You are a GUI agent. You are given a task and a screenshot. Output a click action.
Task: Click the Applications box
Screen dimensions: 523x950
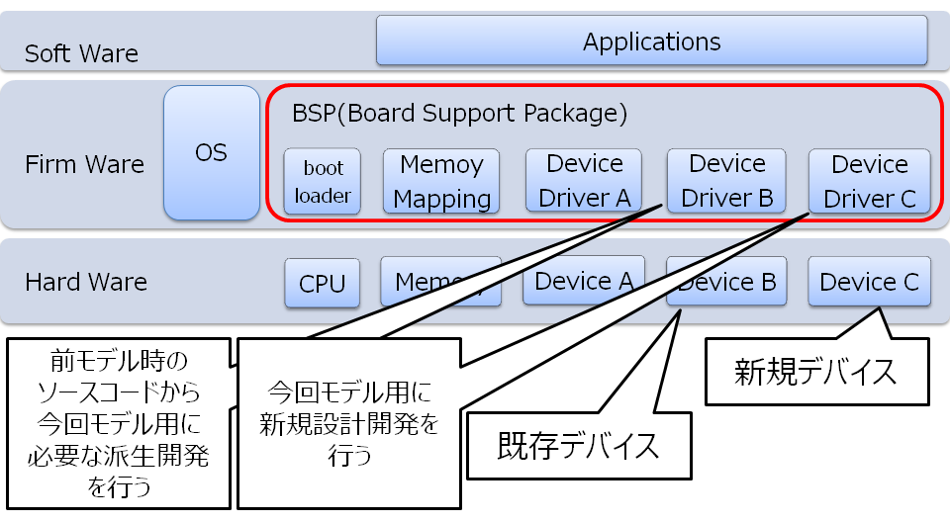coord(651,42)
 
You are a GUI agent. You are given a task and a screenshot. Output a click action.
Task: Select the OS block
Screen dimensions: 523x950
coord(211,152)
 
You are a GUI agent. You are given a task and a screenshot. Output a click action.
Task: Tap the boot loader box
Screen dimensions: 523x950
coord(322,181)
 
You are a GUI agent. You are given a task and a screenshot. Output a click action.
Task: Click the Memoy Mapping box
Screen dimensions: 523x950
coord(441,181)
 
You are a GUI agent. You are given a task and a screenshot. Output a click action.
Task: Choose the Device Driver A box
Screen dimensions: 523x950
coord(584,181)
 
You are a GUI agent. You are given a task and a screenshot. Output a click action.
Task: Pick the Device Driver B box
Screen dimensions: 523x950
coord(726,181)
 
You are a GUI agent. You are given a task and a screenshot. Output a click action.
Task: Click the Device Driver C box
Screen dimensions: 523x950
coord(869,181)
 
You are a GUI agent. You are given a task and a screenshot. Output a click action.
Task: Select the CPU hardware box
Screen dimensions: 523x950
coord(322,284)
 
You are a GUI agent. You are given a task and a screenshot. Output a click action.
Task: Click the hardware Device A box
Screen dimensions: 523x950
coord(584,281)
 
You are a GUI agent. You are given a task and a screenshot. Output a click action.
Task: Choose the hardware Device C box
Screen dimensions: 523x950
coord(869,283)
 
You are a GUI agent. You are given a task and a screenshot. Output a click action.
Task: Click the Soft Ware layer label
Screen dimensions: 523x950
coord(81,53)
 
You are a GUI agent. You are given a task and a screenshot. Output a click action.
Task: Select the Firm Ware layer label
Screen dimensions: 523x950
coord(84,164)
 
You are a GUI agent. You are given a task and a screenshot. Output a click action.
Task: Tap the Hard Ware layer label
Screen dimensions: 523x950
coord(86,282)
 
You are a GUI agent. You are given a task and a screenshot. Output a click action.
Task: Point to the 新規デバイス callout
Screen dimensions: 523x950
coord(816,372)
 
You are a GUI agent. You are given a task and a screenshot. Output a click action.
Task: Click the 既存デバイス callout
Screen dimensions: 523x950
coord(578,446)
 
